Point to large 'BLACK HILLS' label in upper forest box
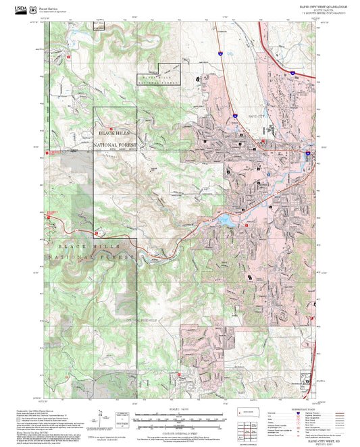coord(115,134)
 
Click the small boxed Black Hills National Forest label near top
coord(159,78)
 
